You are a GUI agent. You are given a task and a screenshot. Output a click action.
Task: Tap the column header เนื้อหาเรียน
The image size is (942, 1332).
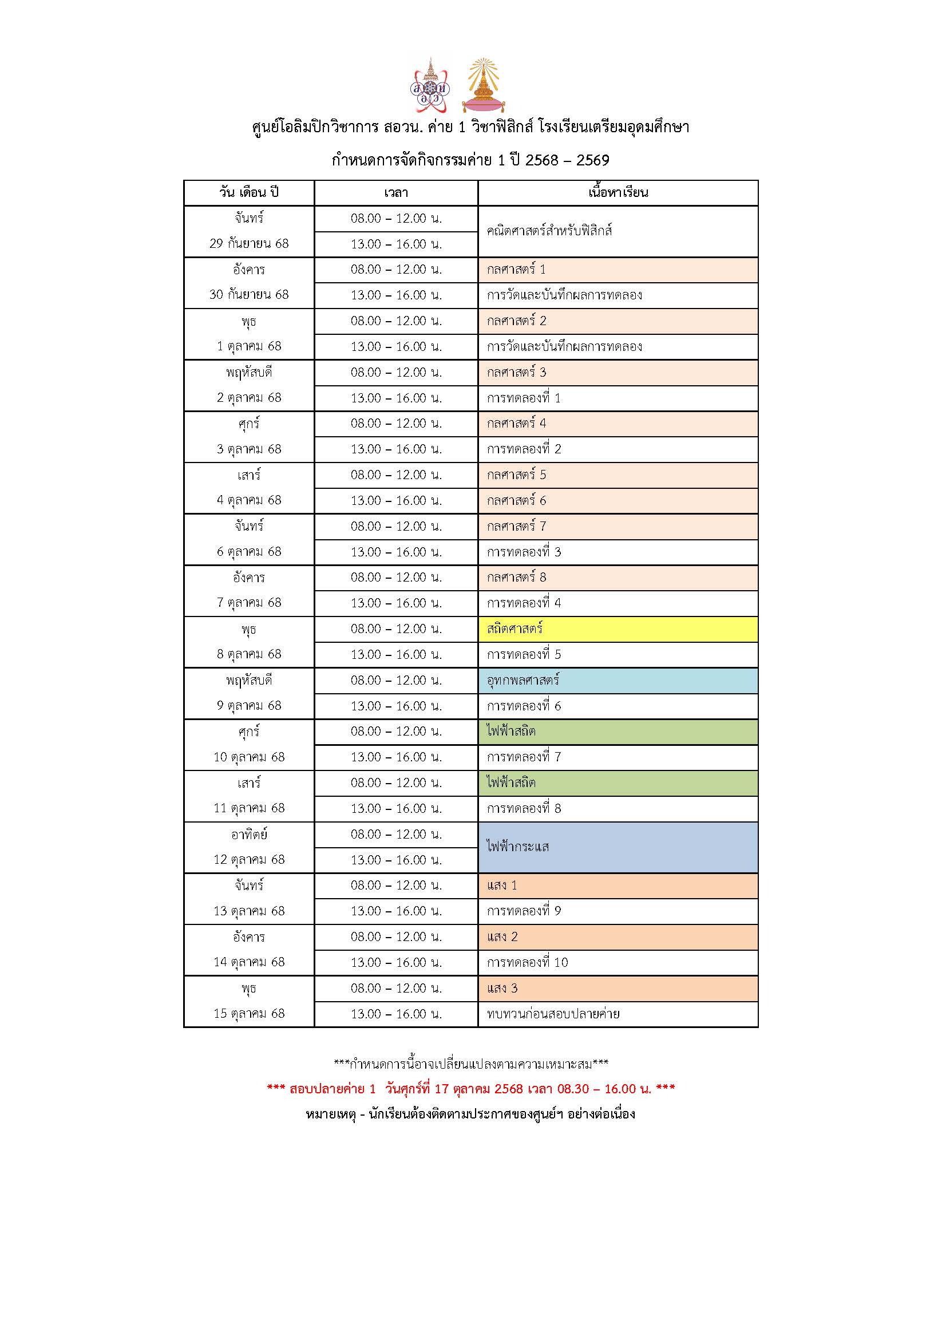point(618,192)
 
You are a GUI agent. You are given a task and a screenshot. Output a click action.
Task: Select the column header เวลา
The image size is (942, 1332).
point(396,192)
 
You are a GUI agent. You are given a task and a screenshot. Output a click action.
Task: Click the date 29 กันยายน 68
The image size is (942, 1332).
point(249,244)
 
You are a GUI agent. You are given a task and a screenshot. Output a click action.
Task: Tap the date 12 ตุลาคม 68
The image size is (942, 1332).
point(249,860)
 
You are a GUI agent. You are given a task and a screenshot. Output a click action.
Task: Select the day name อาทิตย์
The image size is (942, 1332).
point(249,834)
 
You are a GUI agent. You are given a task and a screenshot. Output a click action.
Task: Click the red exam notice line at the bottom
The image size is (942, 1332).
point(470,1089)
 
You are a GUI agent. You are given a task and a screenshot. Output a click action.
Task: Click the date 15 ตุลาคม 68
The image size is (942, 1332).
point(249,1014)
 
